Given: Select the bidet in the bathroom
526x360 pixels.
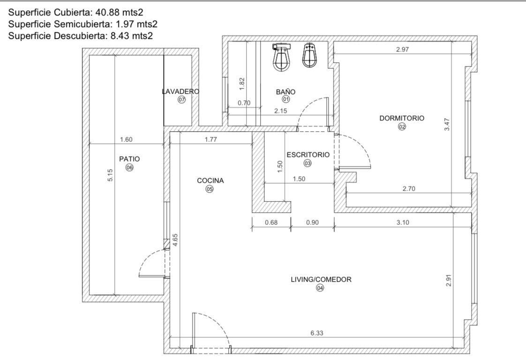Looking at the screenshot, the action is (309, 55).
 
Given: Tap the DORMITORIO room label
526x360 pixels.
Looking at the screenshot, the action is (402, 118).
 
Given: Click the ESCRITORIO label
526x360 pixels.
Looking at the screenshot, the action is (308, 155).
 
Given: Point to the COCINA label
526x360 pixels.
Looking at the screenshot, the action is (210, 180).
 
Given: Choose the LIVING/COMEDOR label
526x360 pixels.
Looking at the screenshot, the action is (321, 279).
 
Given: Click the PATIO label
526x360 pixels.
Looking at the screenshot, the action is (129, 159).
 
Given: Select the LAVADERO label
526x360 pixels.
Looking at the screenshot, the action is (180, 91).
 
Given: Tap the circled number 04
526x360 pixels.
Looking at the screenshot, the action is (320, 287).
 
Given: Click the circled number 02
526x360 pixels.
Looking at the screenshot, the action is (402, 127).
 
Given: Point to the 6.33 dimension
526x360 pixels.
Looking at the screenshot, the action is (316, 333).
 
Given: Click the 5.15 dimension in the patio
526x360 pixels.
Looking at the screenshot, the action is (110, 175).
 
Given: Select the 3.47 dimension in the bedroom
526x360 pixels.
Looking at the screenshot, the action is (446, 124).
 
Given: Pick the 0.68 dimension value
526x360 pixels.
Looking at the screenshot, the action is (271, 222).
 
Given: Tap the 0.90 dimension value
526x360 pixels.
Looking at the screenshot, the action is (312, 222).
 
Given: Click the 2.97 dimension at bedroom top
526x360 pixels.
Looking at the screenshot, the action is (402, 49).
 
